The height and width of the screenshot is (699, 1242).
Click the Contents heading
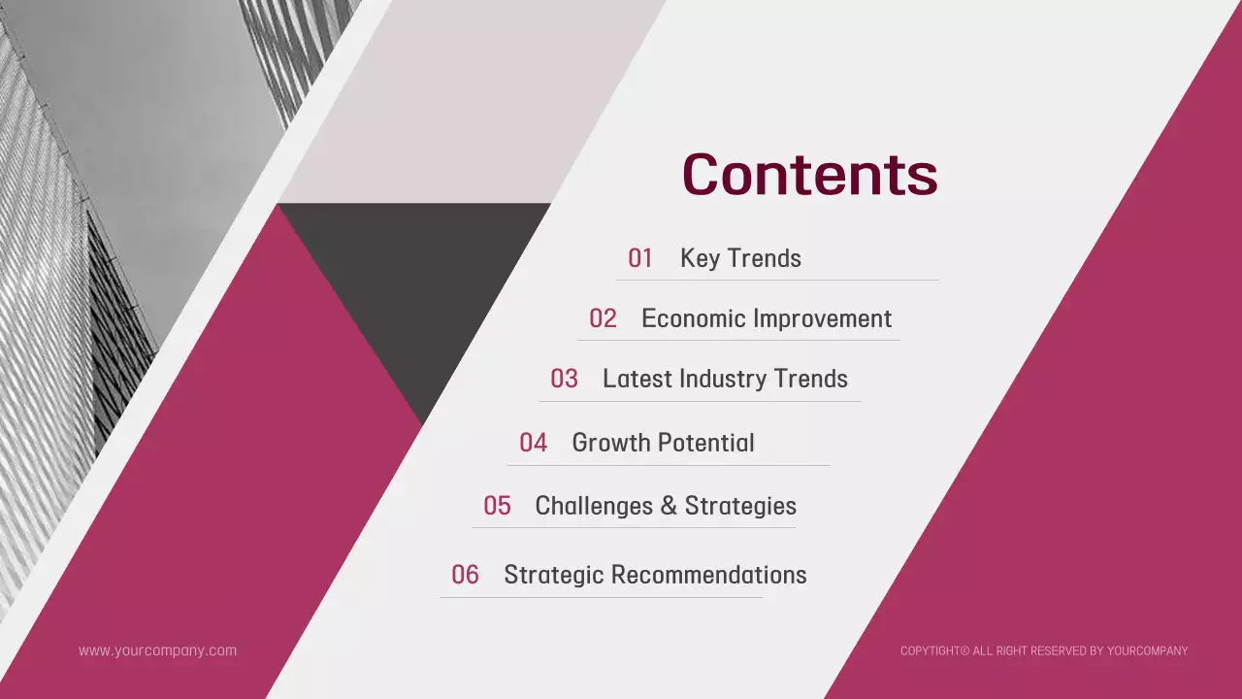coord(810,175)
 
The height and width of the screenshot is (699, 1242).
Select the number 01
coord(639,258)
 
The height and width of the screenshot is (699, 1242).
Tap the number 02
coord(603,319)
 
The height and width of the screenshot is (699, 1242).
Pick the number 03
coord(564,379)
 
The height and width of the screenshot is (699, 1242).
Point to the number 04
coord(533,443)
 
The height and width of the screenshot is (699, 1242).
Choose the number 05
coord(497,506)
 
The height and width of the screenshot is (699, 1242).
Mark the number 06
coord(465,575)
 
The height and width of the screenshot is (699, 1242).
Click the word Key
coord(700,259)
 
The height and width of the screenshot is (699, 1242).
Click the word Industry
coord(723,380)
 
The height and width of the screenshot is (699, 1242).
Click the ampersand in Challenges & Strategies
coord(670,506)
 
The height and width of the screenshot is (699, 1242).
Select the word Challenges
coord(594,507)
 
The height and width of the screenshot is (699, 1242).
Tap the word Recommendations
coord(708,575)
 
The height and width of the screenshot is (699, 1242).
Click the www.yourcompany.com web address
coord(157,651)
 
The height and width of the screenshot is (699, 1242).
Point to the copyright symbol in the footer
coord(964,650)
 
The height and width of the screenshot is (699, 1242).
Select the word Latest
coord(637,379)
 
